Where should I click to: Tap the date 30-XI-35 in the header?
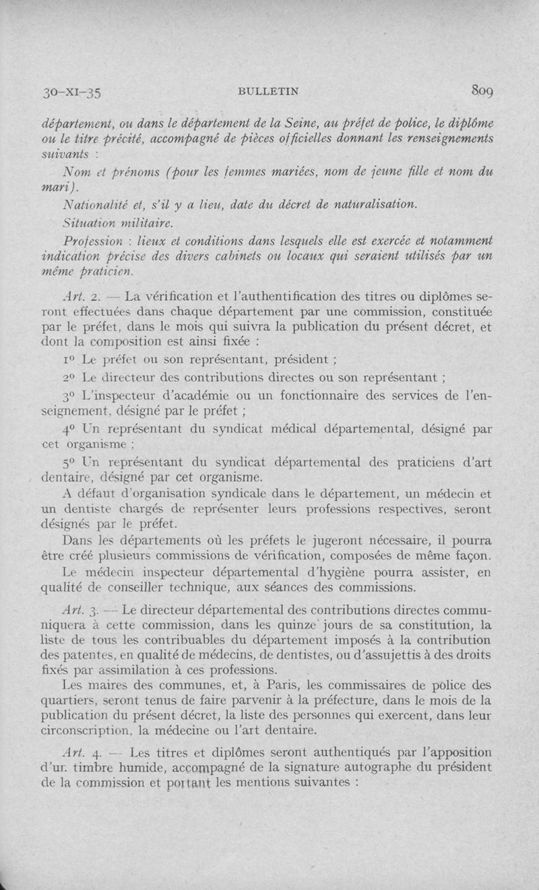69,92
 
